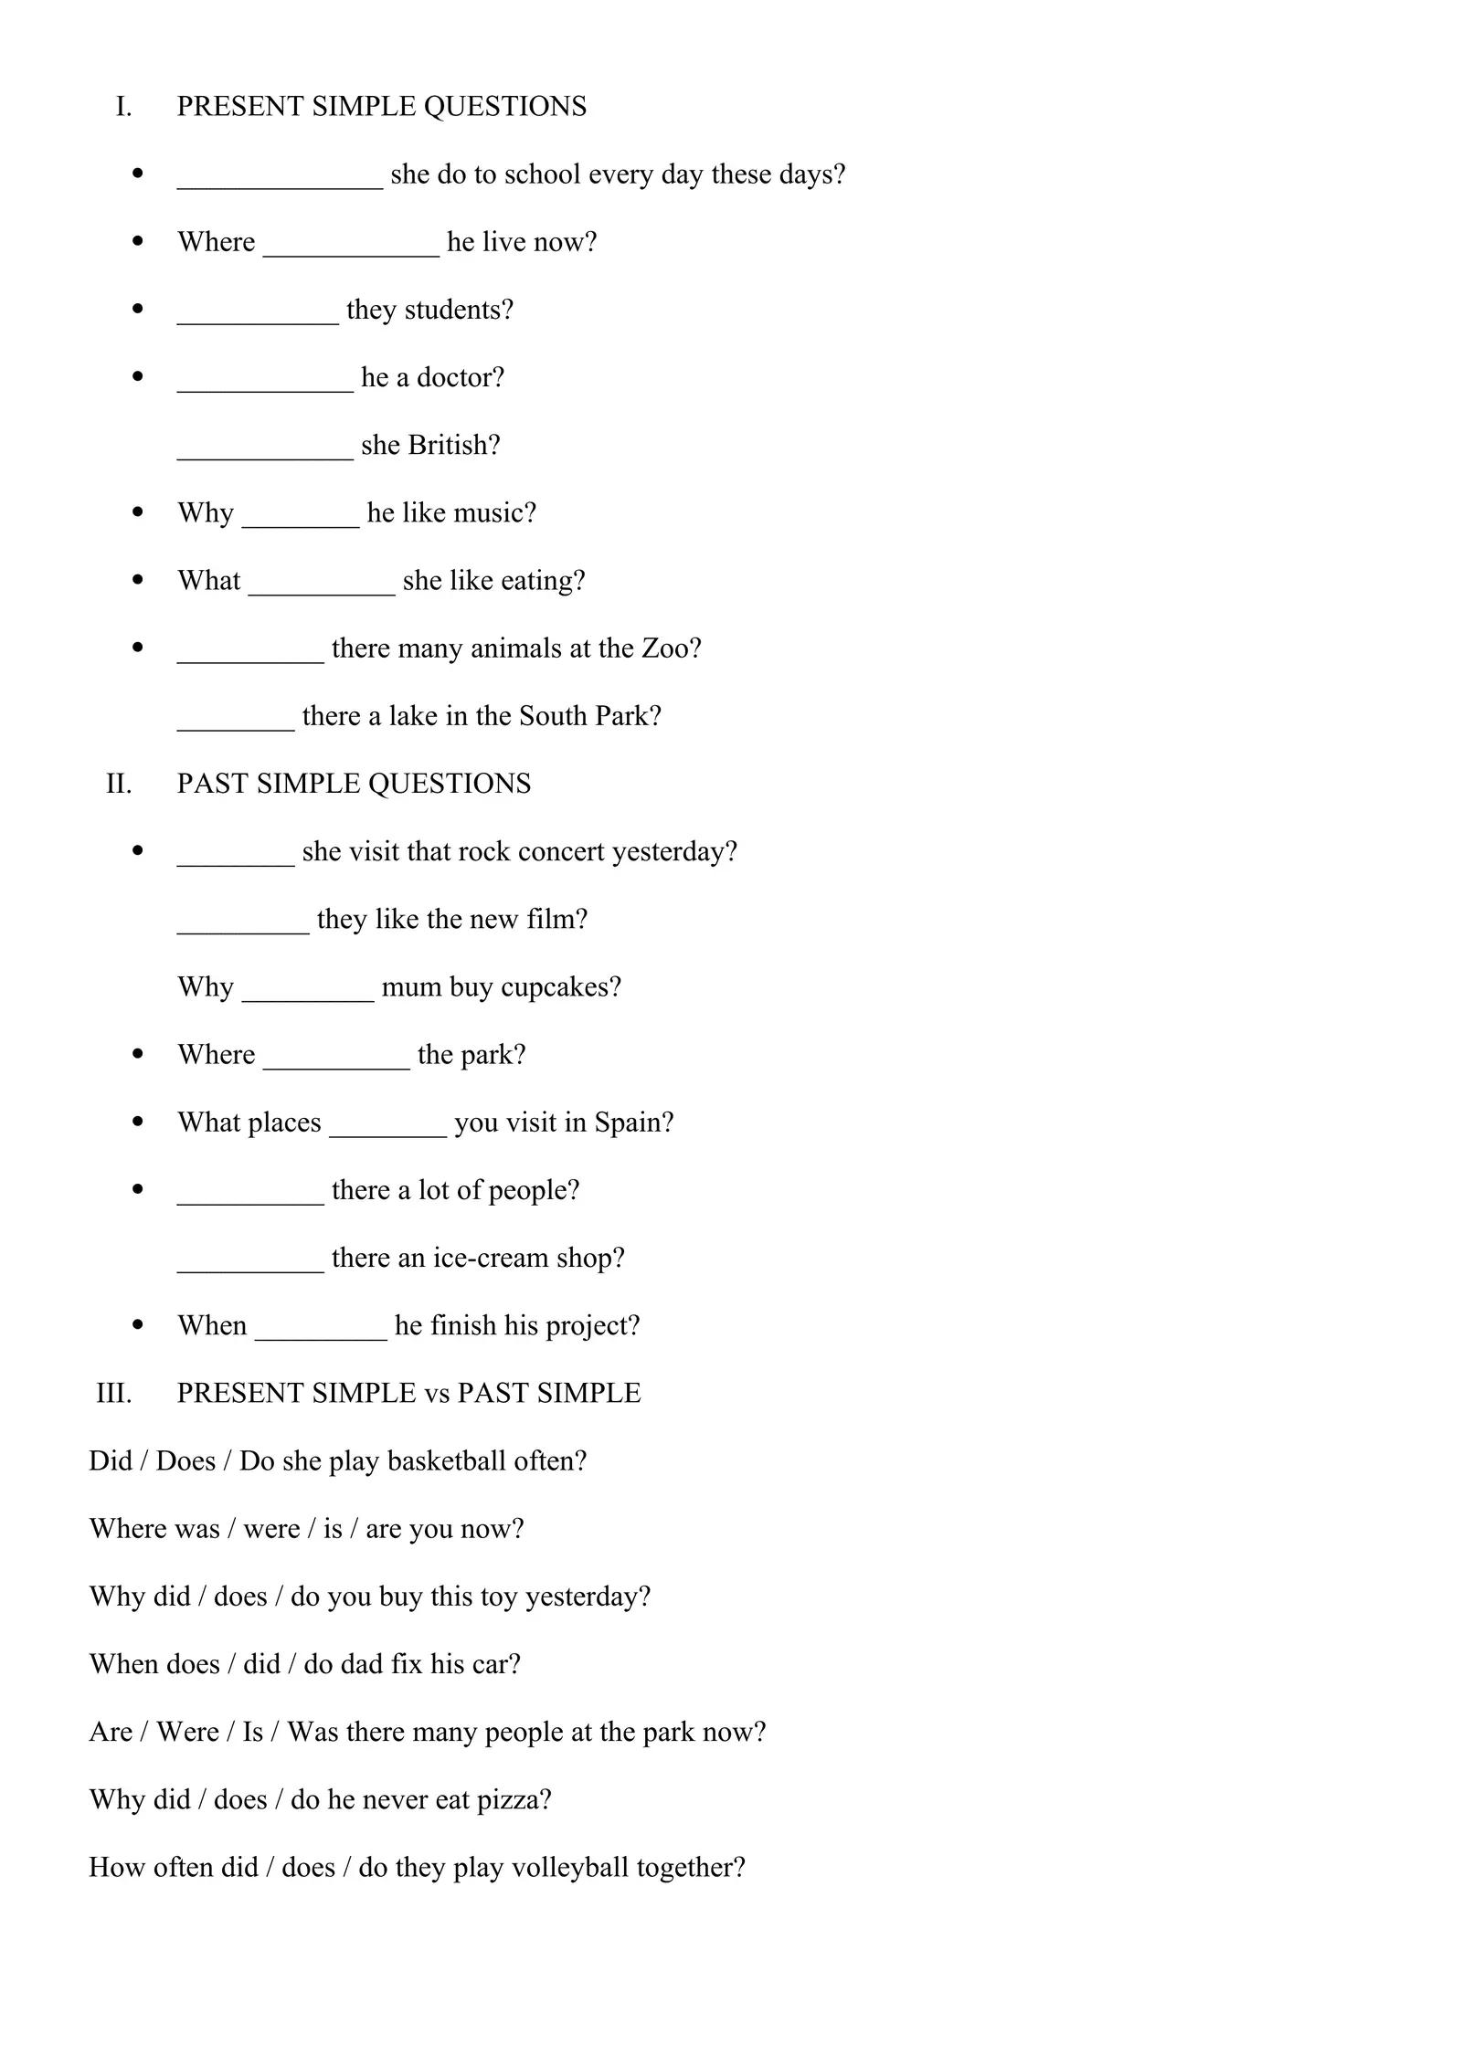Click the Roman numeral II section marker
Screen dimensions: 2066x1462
pos(119,784)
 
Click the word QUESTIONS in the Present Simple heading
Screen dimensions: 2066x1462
pos(505,107)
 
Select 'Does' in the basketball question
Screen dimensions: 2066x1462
pos(185,1461)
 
